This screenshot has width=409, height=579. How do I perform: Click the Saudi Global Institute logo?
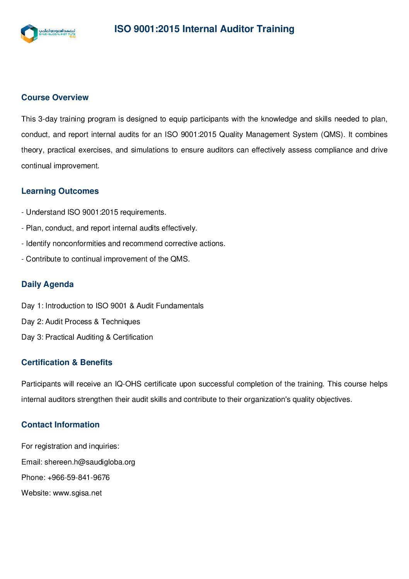48,33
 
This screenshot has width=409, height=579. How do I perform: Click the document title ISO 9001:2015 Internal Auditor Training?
204,29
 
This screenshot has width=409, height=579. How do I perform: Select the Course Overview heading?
55,97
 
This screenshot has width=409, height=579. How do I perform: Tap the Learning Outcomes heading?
60,191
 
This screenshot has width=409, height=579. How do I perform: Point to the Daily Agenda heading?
48,284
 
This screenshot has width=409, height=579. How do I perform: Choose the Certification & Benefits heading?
67,362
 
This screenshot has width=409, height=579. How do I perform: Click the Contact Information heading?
60,425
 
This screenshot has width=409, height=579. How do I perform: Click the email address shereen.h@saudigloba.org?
90,462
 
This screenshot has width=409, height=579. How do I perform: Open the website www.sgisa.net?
77,493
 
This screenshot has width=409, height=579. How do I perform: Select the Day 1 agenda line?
112,306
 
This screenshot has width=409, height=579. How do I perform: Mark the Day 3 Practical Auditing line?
87,337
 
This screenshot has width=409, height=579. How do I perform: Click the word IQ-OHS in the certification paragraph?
128,384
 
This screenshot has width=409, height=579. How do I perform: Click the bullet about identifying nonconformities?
123,244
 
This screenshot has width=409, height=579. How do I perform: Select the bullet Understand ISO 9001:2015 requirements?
94,212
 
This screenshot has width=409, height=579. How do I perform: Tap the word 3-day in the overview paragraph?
48,119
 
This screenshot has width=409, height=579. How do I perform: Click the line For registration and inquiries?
70,446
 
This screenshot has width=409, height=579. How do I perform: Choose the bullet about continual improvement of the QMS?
106,259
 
